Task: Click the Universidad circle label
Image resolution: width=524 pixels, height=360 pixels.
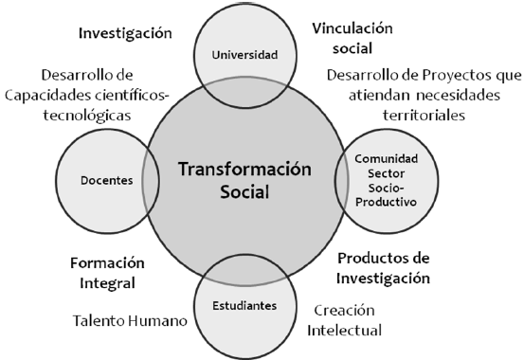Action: point(244,55)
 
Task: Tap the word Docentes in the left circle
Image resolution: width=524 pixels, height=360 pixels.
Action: point(107,181)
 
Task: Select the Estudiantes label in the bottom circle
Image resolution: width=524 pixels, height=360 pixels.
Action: point(244,305)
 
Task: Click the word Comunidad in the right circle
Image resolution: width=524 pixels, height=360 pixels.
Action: point(386,158)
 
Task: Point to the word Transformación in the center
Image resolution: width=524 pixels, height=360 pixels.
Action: point(244,169)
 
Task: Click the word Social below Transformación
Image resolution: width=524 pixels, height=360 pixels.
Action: point(244,192)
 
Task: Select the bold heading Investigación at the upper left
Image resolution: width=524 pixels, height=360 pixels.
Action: point(125,33)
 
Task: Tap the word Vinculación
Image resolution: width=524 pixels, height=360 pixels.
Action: point(352,28)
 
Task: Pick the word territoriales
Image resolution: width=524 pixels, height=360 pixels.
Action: point(425,116)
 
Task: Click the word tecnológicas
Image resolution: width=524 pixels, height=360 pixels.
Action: point(87,116)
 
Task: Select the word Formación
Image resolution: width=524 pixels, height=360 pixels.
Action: point(107,263)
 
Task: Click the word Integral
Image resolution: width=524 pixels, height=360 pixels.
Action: point(107,283)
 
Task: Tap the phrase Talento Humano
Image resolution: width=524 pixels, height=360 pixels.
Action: point(130,321)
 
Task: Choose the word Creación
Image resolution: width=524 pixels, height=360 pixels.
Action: point(344,311)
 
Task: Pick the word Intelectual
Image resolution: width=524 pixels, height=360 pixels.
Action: point(344,331)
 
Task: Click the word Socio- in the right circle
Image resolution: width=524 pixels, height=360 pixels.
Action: point(386,188)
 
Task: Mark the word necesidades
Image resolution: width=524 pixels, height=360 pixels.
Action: point(459,96)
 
